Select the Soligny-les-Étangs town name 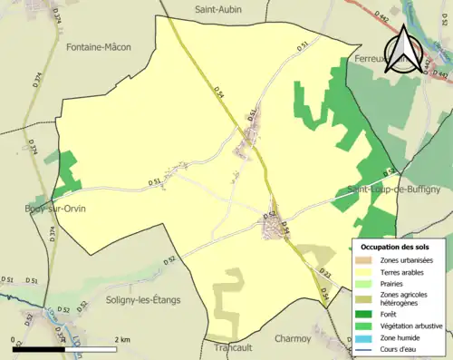point(143,300)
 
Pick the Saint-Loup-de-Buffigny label point(393,190)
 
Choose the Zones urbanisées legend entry point(408,260)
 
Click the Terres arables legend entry point(404,271)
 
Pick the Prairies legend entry point(396,282)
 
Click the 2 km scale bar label point(121,339)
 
